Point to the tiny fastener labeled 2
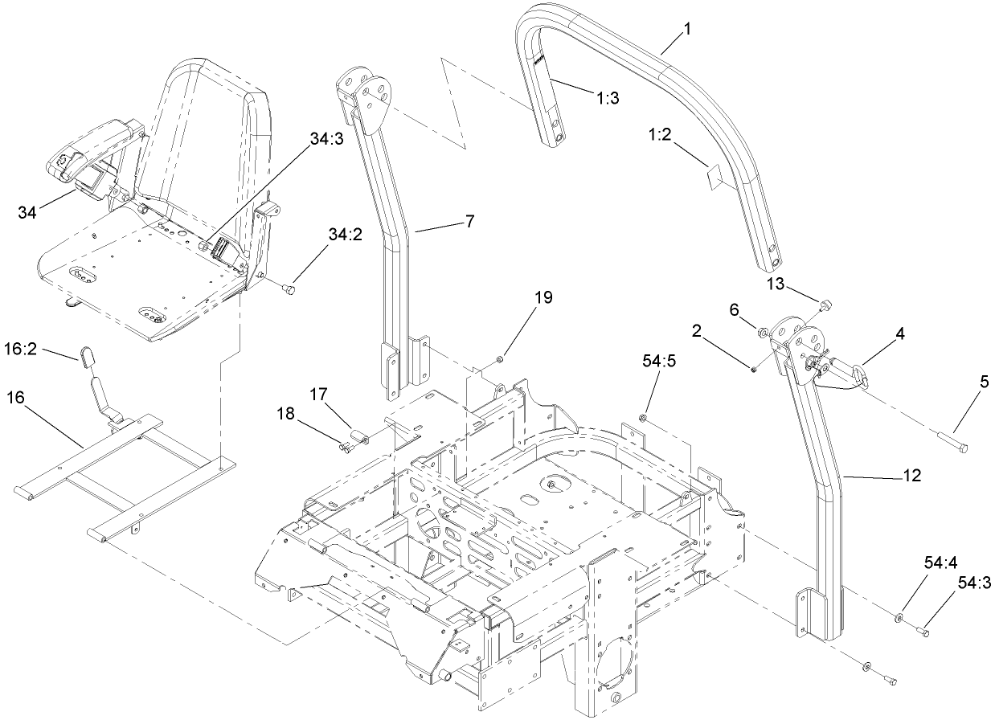755,369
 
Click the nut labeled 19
500,359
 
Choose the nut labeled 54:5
645,418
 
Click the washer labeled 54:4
897,618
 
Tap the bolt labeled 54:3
923,632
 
